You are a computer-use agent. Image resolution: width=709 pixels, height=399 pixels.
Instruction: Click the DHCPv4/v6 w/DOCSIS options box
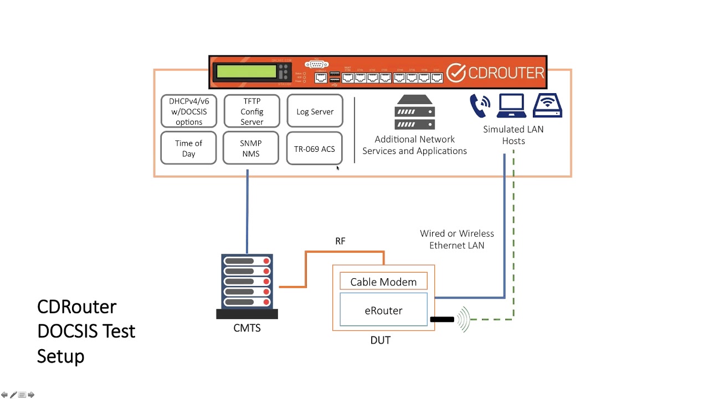pos(189,111)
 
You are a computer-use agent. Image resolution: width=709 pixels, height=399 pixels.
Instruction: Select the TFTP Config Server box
pos(251,111)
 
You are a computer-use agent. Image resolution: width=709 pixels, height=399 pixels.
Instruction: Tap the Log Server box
pos(315,111)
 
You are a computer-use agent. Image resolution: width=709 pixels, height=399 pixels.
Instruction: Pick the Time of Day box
pos(188,148)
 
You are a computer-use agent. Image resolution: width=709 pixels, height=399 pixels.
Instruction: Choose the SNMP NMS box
pos(251,148)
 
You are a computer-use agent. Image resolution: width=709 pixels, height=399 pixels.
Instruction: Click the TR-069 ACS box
pos(314,149)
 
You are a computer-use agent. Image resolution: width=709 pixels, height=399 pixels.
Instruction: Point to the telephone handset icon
pos(480,105)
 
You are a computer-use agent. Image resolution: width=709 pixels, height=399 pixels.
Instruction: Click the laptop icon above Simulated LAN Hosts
pos(511,106)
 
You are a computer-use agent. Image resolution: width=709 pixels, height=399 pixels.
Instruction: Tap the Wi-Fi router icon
pos(547,106)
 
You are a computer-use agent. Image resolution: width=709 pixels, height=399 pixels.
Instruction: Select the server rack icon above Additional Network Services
pos(414,112)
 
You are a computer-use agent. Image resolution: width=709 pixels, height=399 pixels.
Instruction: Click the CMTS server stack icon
pos(247,286)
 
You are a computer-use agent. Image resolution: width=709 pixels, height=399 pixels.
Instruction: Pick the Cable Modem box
pos(383,282)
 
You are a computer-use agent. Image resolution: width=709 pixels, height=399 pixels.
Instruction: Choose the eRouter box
pos(383,310)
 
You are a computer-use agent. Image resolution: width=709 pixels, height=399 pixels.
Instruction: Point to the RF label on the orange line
pos(340,241)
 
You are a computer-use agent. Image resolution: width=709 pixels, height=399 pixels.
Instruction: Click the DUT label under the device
pos(380,340)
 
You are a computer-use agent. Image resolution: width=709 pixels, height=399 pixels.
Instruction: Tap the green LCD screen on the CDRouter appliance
pos(246,71)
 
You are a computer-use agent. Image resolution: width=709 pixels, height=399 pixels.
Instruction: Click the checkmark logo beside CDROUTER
pos(456,73)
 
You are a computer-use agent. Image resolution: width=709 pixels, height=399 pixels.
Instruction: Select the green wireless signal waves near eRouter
pos(464,319)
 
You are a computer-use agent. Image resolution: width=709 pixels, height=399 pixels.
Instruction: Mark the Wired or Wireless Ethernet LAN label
pos(456,239)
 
